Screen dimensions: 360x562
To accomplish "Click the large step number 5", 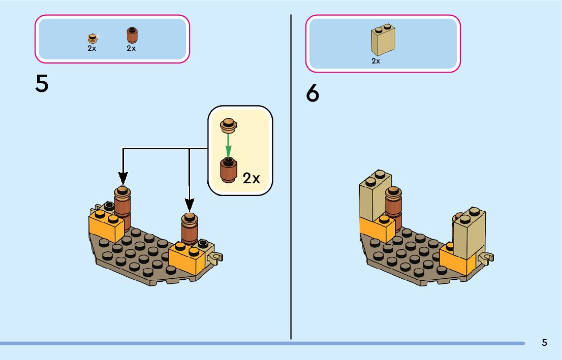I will point(42,84).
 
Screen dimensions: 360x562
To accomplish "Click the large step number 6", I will point(313,94).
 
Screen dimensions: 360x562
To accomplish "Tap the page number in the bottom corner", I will point(544,342).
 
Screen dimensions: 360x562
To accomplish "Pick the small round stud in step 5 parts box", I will point(92,38).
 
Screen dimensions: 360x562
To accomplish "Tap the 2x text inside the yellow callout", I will point(251,178).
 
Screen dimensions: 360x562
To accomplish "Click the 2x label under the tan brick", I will point(376,61).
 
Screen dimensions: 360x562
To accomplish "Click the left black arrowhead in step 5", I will point(122,178).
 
